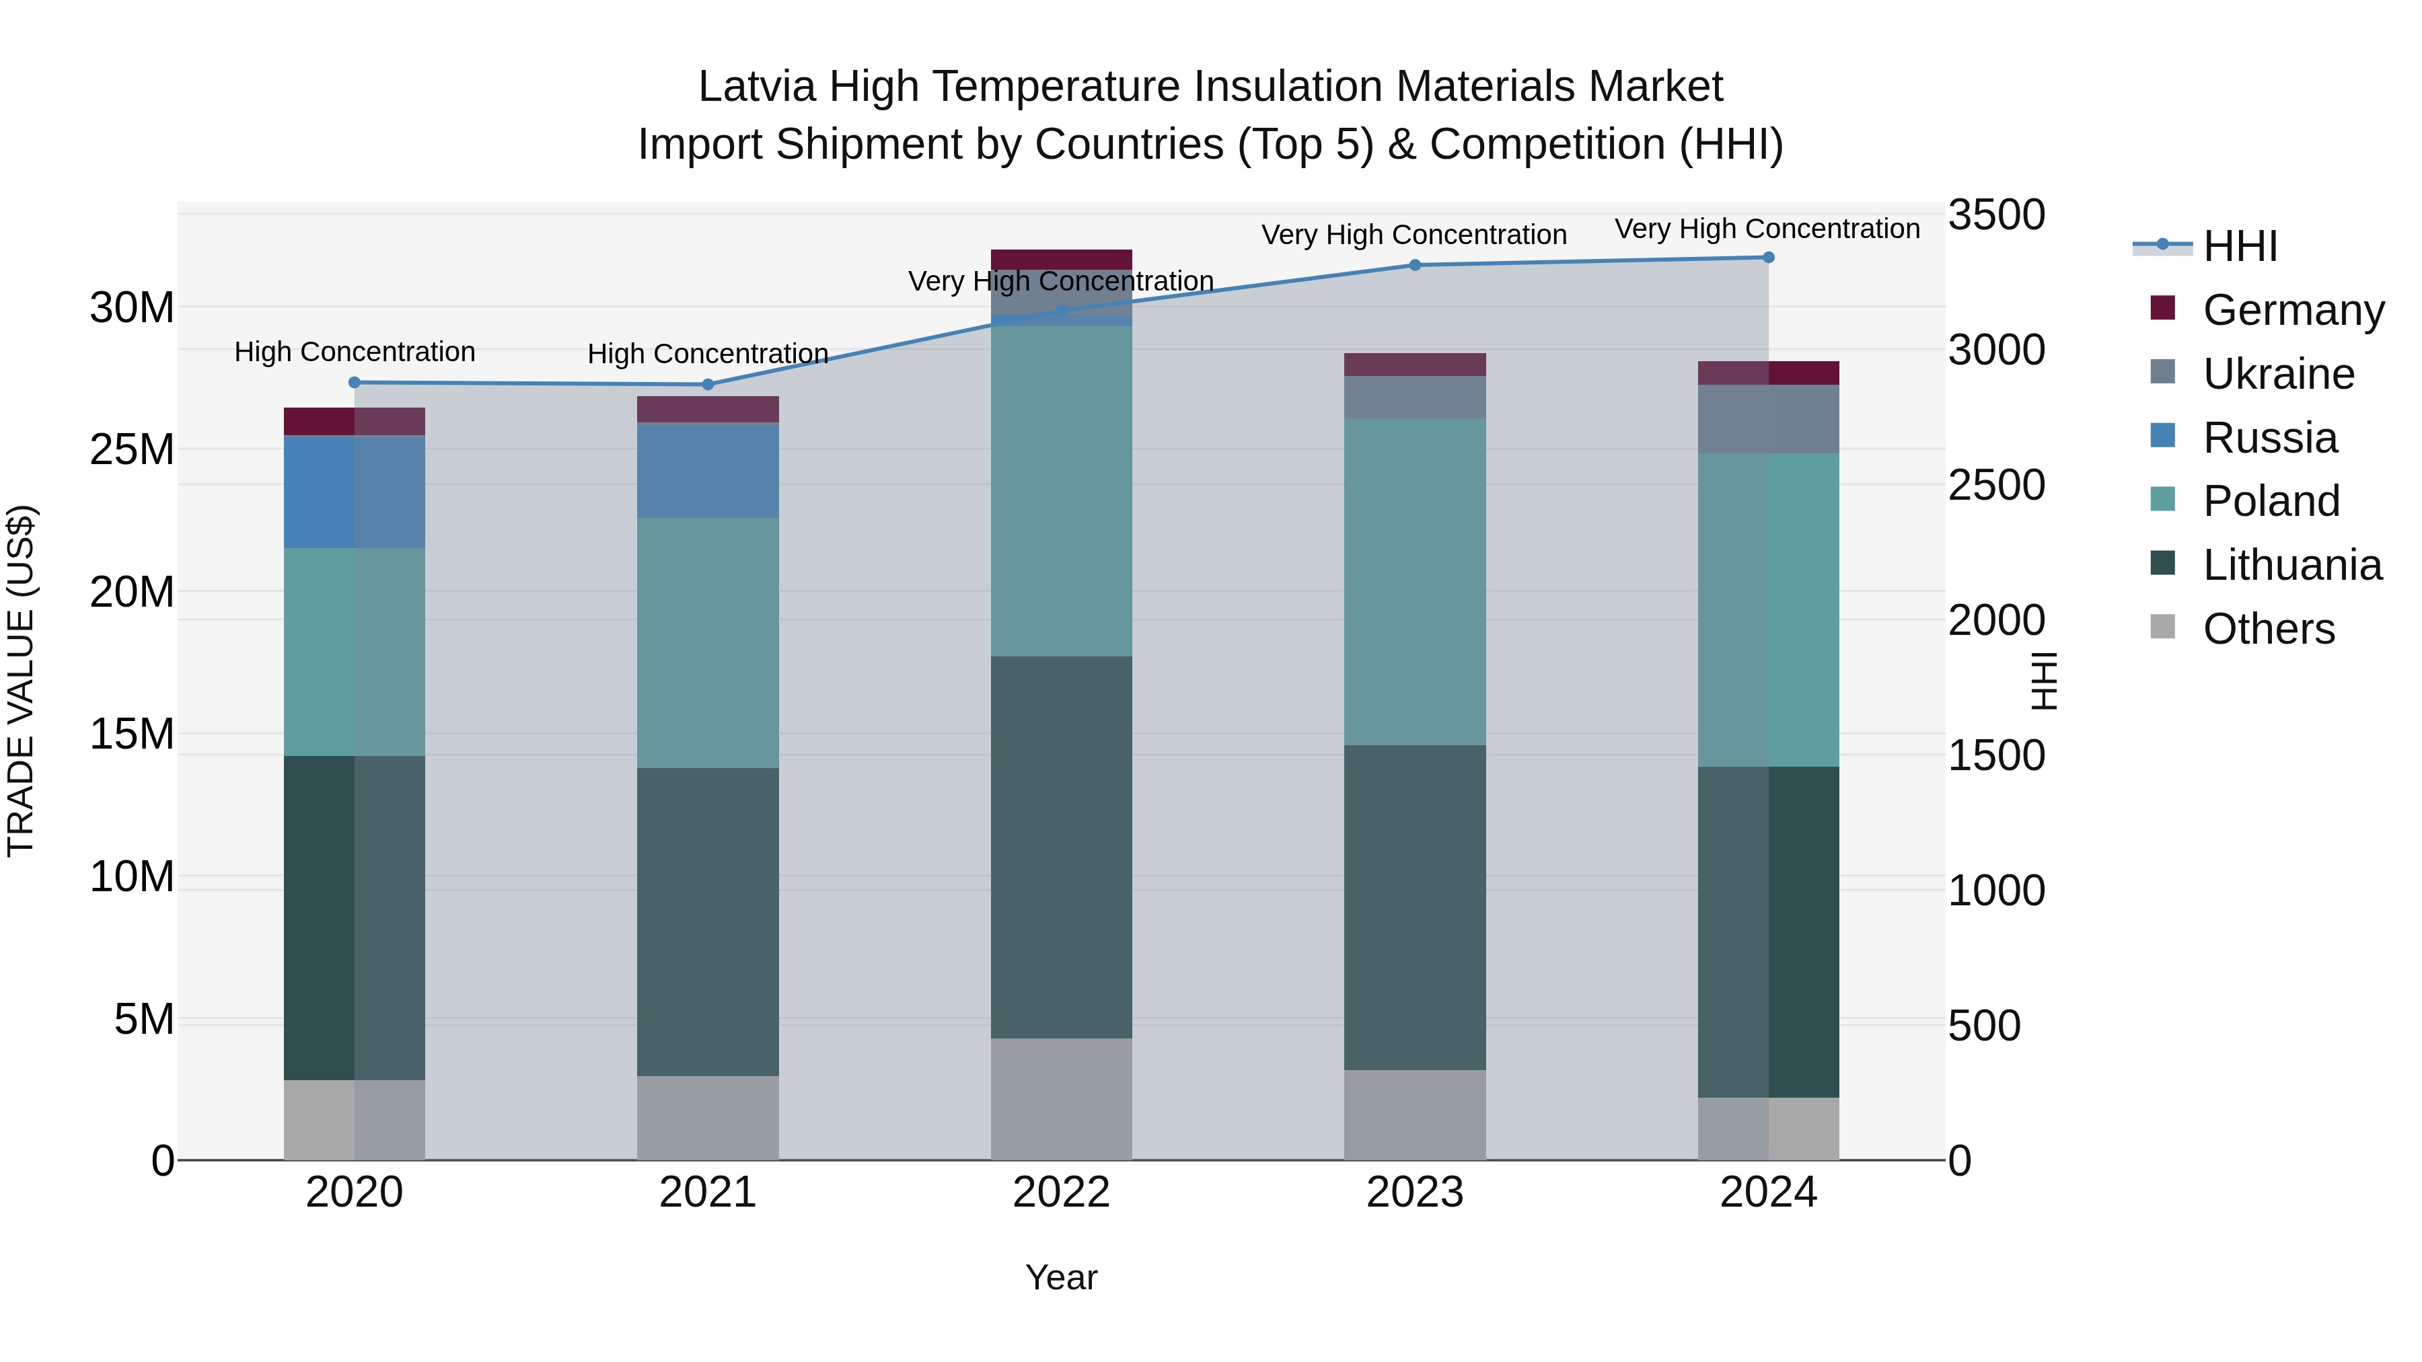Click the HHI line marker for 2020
355,383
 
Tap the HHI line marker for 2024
1769,258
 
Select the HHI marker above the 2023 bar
1415,265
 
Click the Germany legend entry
2292,310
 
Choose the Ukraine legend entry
2277,374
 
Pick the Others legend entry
2268,629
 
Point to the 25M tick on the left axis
132,450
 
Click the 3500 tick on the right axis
1995,215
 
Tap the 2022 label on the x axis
1062,1193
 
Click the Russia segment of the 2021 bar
708,471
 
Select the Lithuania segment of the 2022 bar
1062,846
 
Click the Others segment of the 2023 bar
1415,1114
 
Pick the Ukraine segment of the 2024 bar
1769,419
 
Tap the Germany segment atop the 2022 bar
1062,260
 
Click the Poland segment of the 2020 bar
355,651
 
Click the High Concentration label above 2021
708,354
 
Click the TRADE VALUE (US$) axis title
21,681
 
